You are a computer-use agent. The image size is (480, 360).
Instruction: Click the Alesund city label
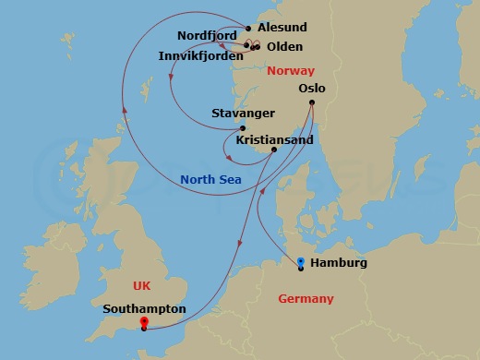(282, 28)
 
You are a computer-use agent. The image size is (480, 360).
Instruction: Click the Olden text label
(283, 46)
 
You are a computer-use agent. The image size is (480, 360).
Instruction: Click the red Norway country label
(290, 71)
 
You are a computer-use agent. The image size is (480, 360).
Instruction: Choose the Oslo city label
(312, 89)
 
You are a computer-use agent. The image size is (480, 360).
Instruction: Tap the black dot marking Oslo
(312, 102)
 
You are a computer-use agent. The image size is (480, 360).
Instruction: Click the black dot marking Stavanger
(243, 128)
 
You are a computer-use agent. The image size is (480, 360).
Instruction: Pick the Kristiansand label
(274, 139)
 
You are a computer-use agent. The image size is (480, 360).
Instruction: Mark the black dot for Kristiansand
(273, 150)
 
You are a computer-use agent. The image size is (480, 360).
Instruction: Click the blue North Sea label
(210, 179)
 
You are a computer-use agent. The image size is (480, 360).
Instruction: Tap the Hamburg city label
(339, 263)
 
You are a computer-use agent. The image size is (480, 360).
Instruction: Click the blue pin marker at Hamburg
(302, 262)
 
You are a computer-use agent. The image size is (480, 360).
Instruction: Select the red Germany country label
(306, 298)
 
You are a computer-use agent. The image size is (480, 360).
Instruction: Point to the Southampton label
(145, 309)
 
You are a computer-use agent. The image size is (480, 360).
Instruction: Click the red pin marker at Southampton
(143, 323)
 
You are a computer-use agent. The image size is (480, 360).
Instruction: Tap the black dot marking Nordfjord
(246, 43)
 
